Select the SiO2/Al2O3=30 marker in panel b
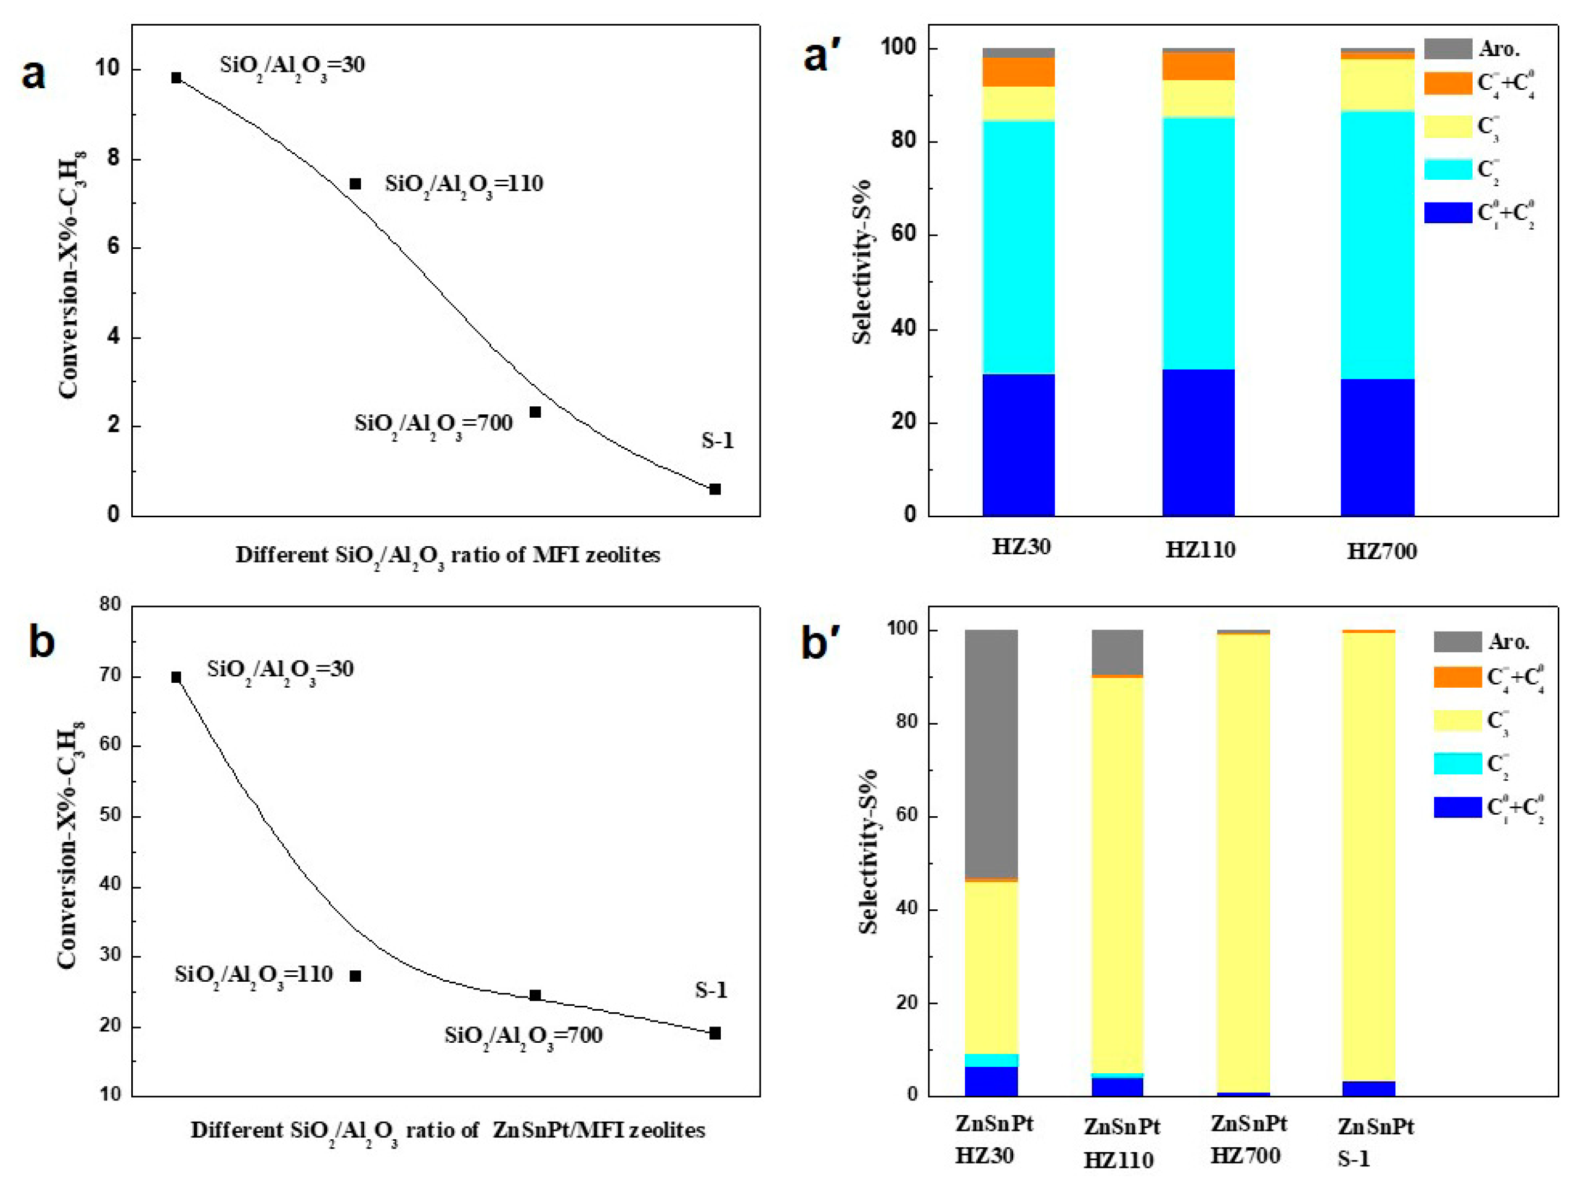(x=176, y=677)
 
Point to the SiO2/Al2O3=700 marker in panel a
(x=535, y=412)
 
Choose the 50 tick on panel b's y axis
(x=110, y=815)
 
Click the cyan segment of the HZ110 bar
(x=1198, y=243)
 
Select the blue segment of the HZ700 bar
(x=1377, y=447)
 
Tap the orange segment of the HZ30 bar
(x=1019, y=71)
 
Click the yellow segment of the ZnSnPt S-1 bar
(x=1369, y=857)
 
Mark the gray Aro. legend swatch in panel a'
(x=1447, y=48)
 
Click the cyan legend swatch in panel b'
(x=1457, y=763)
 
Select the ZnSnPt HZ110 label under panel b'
(x=1120, y=1143)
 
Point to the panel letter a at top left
(x=34, y=74)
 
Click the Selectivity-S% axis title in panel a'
(x=862, y=261)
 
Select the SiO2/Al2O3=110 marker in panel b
(x=355, y=976)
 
